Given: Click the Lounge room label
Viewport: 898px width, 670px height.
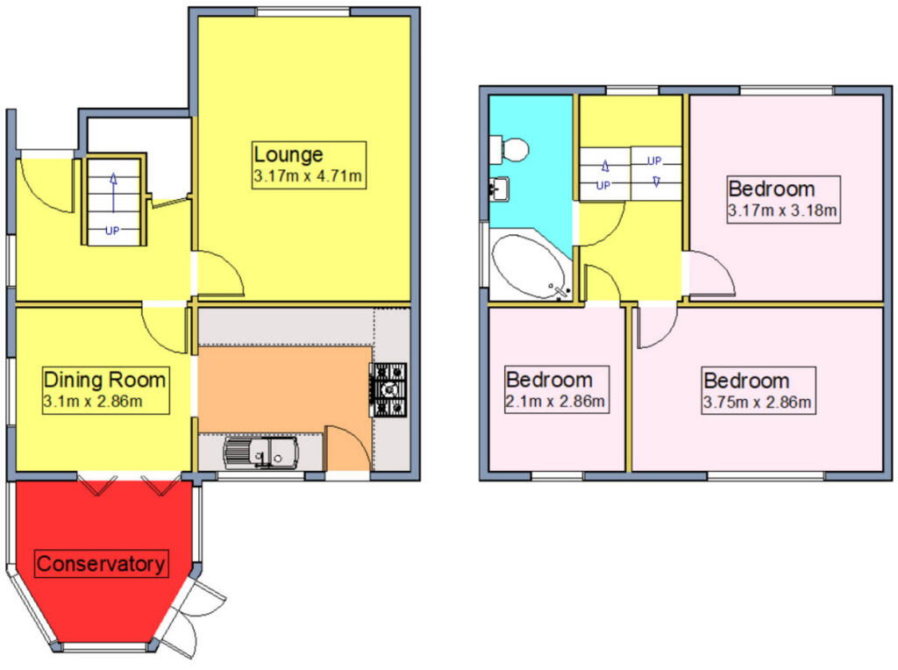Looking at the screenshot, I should click(289, 155).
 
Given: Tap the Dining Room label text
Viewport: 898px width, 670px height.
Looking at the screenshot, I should click(104, 381).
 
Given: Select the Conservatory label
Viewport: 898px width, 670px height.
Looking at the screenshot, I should click(101, 563).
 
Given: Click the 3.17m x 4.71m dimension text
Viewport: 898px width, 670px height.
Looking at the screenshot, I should click(308, 177).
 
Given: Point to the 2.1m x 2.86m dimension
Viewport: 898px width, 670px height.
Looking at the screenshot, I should click(555, 403).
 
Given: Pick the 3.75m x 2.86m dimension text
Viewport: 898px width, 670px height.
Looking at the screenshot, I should click(758, 403).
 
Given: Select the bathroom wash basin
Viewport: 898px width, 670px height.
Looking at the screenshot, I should click(500, 187).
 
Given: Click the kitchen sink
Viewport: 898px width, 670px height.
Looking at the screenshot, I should click(260, 453).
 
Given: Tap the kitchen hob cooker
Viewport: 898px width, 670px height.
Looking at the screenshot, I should click(389, 390).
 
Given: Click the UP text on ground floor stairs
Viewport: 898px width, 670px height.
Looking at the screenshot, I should click(112, 232).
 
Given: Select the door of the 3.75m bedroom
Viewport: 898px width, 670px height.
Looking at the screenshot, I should click(656, 325).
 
